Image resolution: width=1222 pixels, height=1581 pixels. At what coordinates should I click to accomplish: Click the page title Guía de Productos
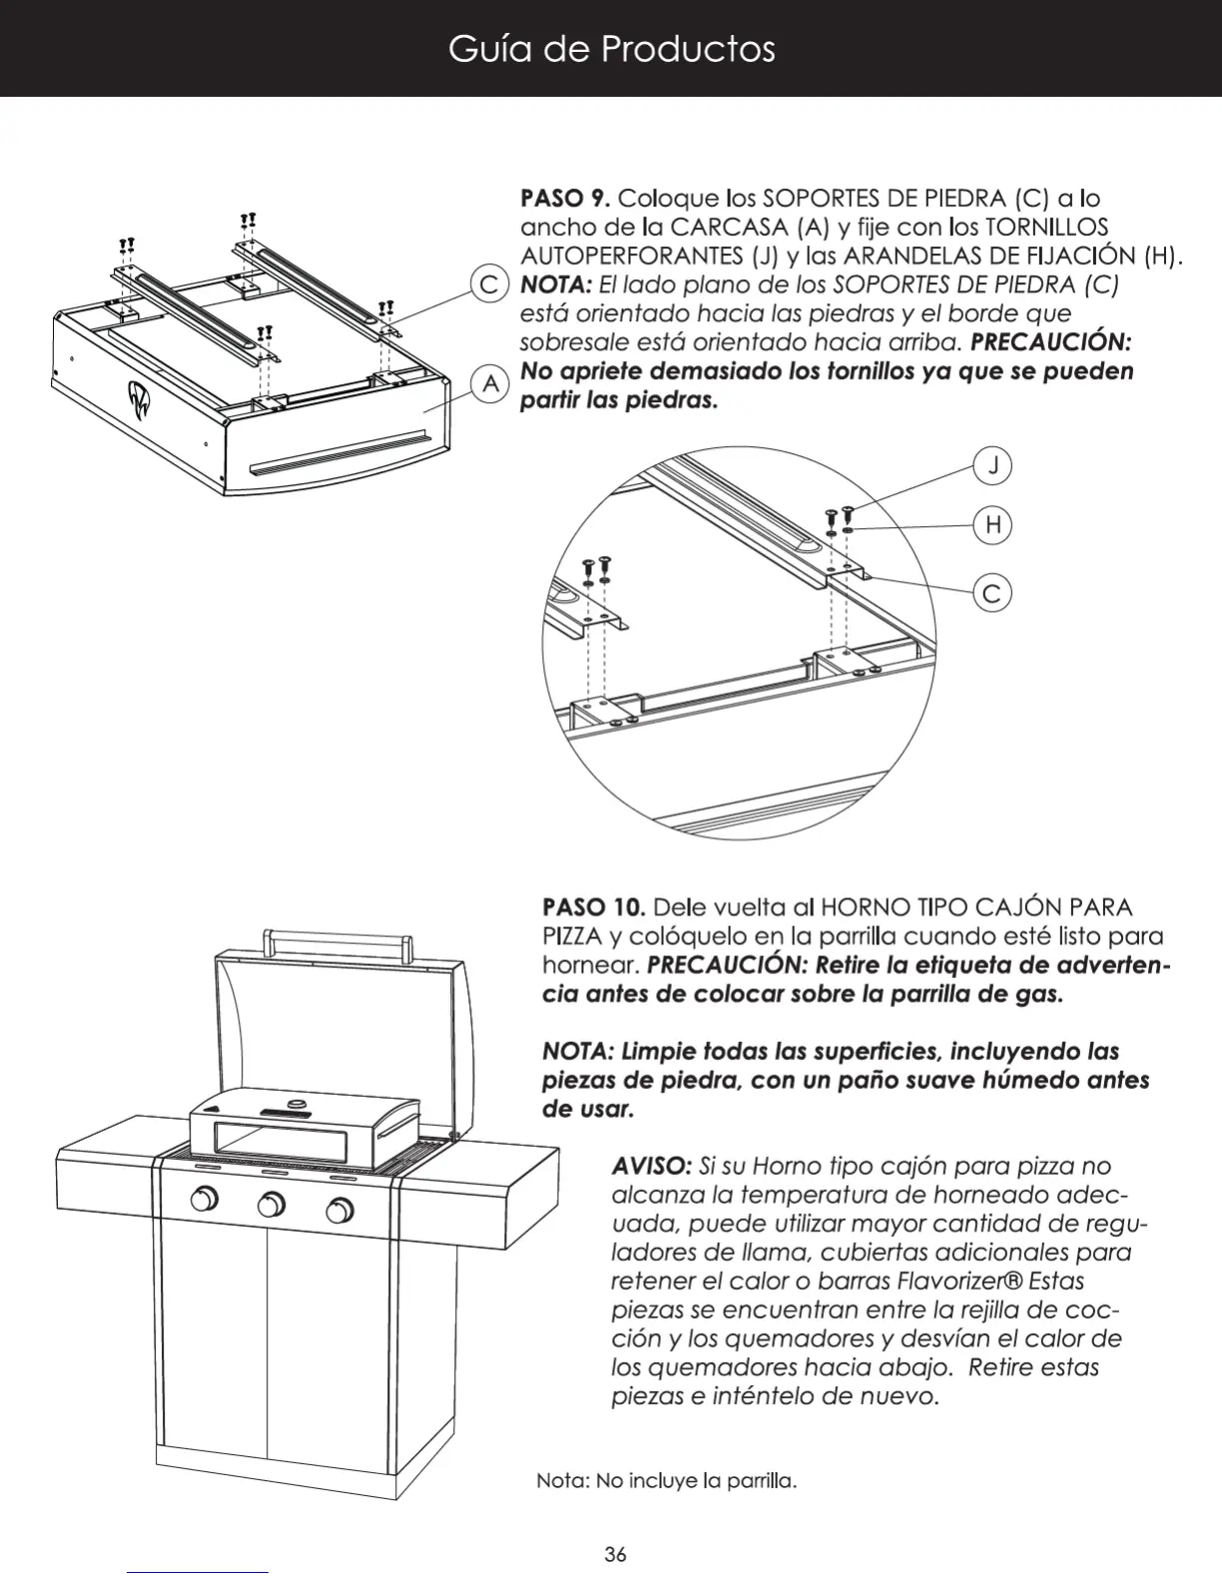coord(611,49)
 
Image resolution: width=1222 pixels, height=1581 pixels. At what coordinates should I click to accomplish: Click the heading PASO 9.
coord(566,198)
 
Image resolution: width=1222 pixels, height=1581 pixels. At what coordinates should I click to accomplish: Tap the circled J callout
coord(992,465)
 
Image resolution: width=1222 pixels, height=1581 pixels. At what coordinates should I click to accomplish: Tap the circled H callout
coord(992,525)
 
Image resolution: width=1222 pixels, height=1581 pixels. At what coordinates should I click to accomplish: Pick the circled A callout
coord(490,383)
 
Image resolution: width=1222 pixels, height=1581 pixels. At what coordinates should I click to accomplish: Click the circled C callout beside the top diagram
coord(489,284)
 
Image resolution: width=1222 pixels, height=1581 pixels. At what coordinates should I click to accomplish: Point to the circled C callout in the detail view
coord(991,594)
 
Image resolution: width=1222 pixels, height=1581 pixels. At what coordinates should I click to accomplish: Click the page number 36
coord(615,1554)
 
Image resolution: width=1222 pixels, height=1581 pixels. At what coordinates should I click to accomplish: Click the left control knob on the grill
coord(205,1199)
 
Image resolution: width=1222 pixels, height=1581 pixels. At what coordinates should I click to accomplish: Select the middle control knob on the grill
coord(271,1206)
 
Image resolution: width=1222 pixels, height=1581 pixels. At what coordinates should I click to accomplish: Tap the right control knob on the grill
coord(339,1212)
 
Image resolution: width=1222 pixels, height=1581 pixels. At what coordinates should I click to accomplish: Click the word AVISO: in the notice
coord(650,1166)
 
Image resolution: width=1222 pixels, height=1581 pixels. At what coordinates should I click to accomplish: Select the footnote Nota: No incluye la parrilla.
coord(666,1480)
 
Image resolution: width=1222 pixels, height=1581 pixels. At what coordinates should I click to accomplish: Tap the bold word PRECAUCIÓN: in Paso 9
coord(1050,342)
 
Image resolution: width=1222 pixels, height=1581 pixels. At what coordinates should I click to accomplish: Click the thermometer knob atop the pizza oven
coord(298,1103)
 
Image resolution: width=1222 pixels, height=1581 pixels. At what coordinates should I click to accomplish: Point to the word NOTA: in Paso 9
coord(556,284)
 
